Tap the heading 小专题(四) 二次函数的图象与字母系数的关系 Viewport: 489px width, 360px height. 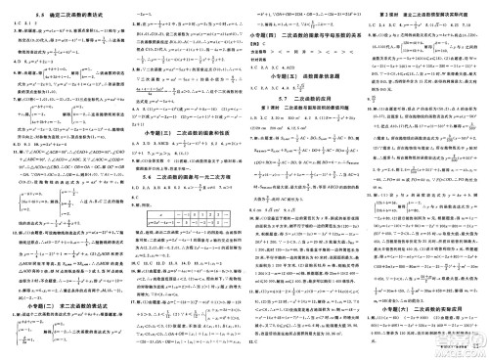[303, 32]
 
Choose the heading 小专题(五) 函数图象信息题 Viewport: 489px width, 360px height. [303, 74]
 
